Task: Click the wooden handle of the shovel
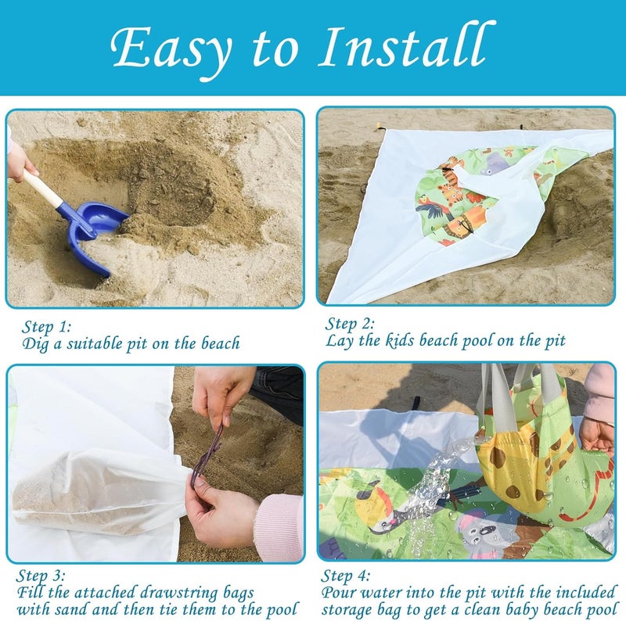click(x=42, y=188)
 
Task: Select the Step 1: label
click(x=47, y=326)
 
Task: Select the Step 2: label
click(x=350, y=324)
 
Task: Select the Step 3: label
click(x=41, y=575)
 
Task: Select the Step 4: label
click(x=346, y=575)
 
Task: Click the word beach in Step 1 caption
click(x=220, y=343)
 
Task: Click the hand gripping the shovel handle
click(x=21, y=162)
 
